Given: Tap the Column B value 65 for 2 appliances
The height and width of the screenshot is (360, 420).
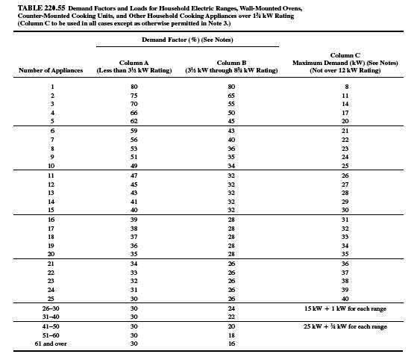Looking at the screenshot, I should [x=242, y=96].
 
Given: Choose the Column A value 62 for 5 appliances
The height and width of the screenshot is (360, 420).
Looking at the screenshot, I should [x=134, y=120].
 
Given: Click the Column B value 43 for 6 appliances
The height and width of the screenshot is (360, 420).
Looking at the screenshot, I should [x=242, y=131].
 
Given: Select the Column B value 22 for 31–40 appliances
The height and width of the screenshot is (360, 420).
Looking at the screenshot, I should [x=242, y=317].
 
